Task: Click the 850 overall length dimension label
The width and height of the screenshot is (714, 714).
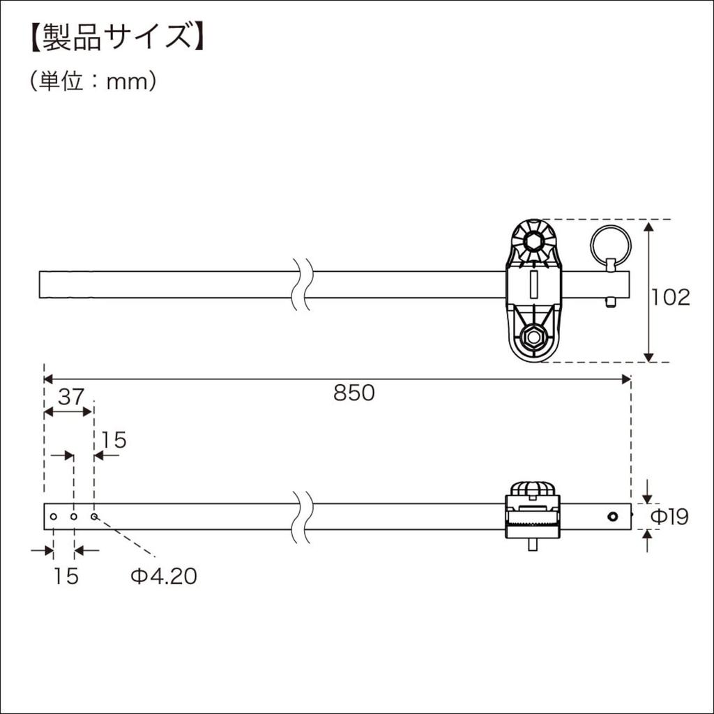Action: [x=354, y=393]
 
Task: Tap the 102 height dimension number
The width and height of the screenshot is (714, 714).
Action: [x=670, y=297]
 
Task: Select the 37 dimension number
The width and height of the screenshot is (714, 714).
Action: [x=70, y=397]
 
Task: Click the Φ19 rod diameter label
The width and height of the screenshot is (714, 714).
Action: [x=669, y=517]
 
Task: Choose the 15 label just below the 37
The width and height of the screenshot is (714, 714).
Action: [x=114, y=440]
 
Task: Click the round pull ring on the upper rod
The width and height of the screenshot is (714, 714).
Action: [x=612, y=245]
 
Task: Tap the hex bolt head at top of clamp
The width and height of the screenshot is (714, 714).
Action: [x=533, y=243]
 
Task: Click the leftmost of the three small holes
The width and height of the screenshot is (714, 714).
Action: [x=53, y=517]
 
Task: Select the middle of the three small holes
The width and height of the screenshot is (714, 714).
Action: [x=73, y=517]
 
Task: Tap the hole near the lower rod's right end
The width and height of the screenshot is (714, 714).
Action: [x=612, y=517]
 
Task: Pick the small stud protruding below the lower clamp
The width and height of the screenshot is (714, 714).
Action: [x=533, y=545]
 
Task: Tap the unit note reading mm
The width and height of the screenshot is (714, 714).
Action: [x=129, y=82]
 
